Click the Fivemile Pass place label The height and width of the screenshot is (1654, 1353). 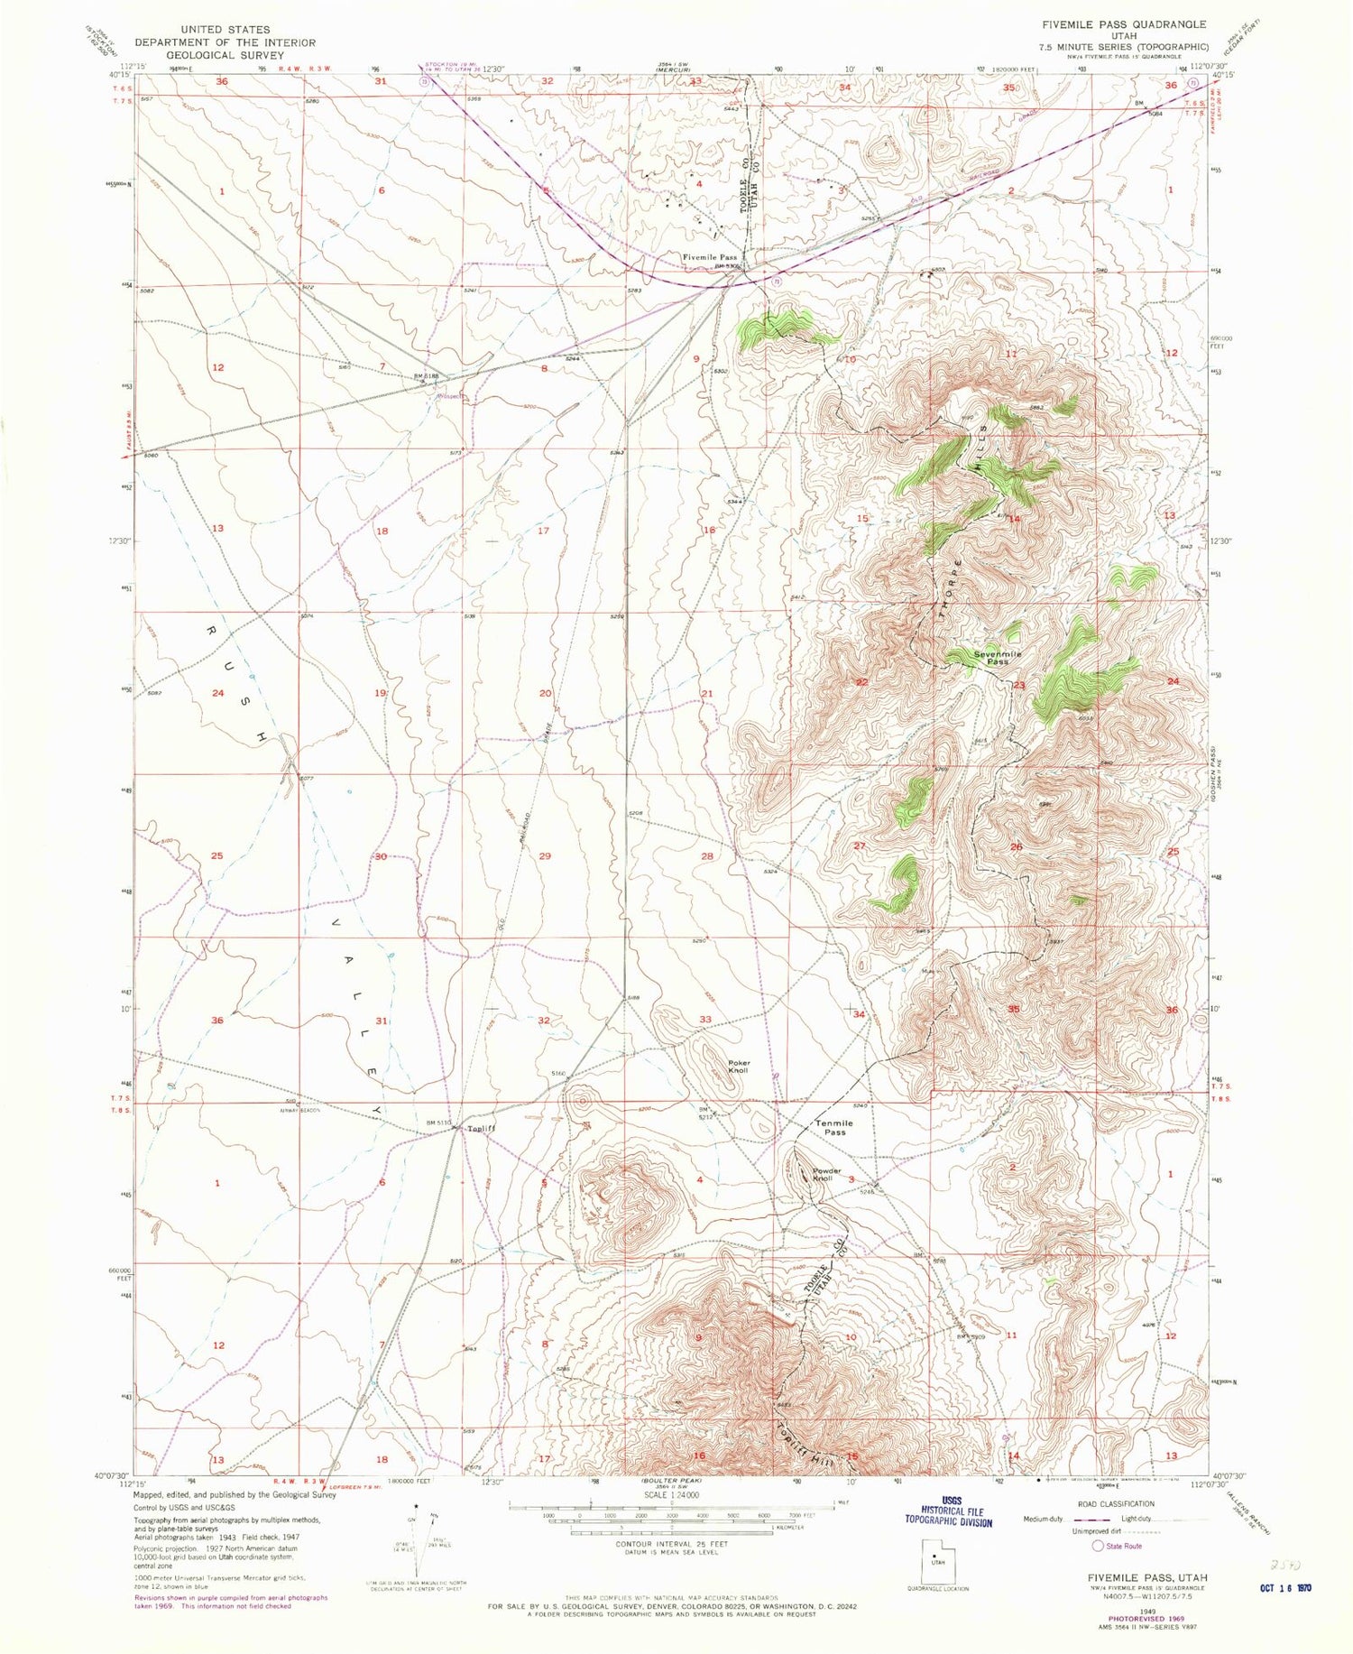pyautogui.click(x=709, y=257)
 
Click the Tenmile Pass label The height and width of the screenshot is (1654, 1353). pyautogui.click(x=834, y=1128)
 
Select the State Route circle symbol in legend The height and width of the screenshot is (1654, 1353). pyautogui.click(x=1097, y=1546)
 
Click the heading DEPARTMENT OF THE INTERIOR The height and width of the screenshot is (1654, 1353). pyautogui.click(x=225, y=42)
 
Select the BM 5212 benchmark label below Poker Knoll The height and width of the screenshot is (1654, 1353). pyautogui.click(x=707, y=1113)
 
